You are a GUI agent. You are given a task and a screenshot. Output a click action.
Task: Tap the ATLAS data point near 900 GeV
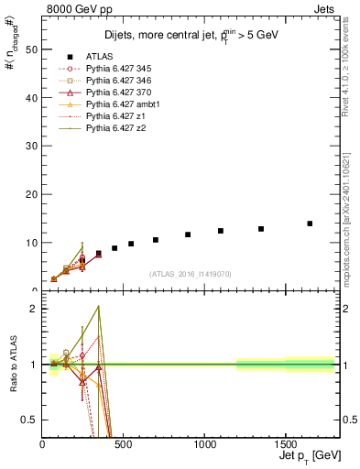tap(188, 234)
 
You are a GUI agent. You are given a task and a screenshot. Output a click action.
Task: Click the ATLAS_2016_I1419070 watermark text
tap(189, 274)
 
